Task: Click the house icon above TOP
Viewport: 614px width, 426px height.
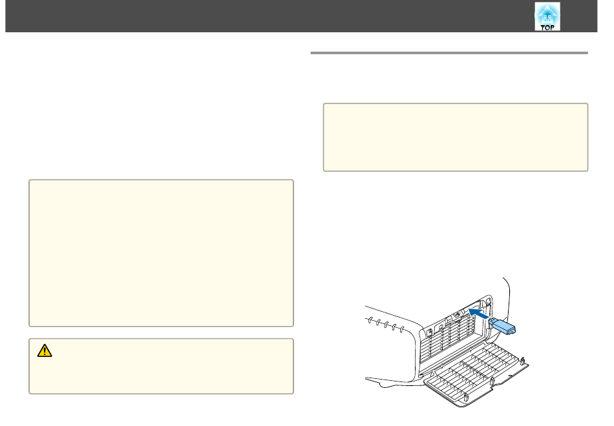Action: tap(547, 12)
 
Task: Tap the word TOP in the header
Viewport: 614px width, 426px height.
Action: tap(547, 26)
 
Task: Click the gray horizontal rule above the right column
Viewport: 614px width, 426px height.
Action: tap(449, 53)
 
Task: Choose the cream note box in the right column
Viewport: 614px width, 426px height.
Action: tap(455, 137)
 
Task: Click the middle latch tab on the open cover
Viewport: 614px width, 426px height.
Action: tap(492, 382)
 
